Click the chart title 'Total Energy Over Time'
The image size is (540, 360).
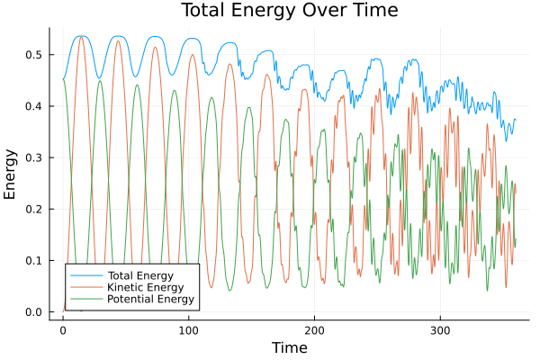point(275,11)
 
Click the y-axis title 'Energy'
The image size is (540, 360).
point(11,173)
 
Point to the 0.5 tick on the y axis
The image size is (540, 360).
point(33,55)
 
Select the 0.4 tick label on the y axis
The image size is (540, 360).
point(33,106)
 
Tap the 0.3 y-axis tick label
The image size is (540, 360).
point(33,157)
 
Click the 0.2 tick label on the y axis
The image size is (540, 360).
point(33,210)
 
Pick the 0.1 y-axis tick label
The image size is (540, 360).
point(33,261)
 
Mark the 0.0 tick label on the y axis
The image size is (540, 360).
point(33,312)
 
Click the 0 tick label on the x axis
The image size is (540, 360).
point(62,329)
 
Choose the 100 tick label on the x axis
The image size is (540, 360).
point(188,329)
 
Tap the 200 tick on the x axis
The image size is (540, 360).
point(314,329)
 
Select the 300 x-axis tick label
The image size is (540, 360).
point(440,329)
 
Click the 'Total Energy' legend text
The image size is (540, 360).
point(139,274)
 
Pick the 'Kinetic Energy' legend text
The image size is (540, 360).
point(143,286)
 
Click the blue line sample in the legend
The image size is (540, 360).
point(85,274)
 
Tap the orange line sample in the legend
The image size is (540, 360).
point(85,286)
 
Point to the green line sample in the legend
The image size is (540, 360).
point(85,298)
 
